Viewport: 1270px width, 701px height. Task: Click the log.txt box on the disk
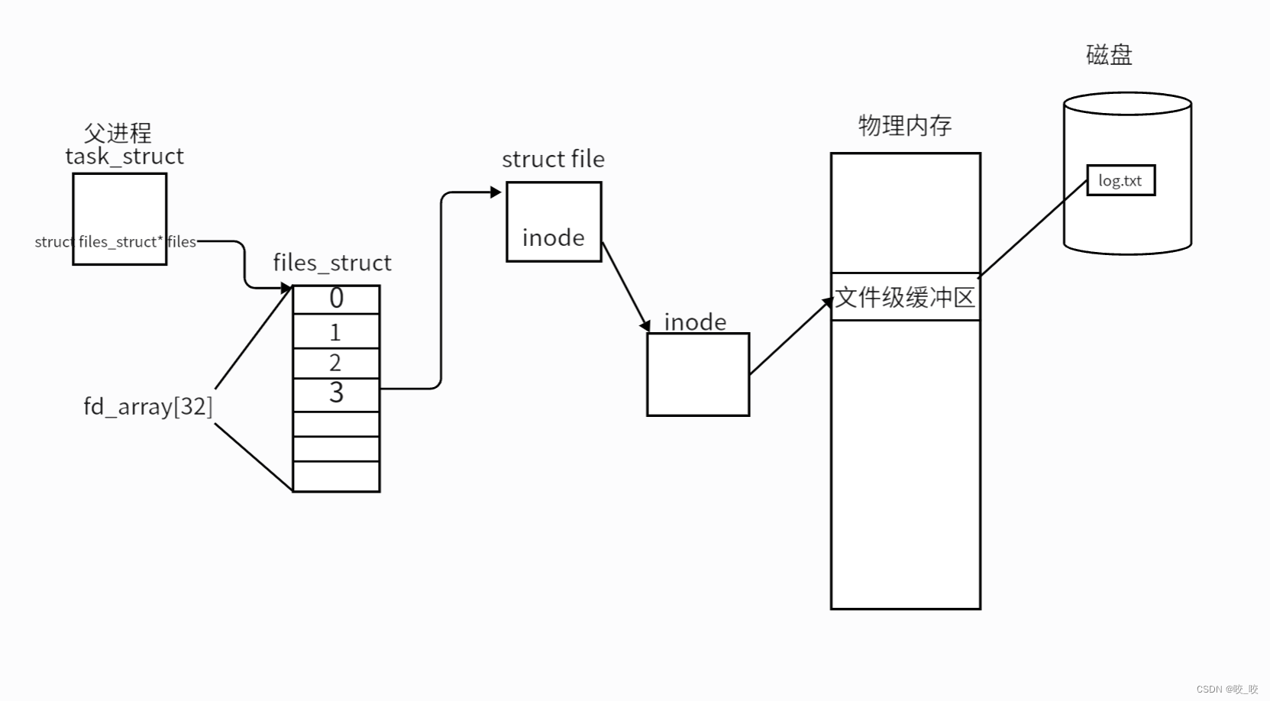pyautogui.click(x=1120, y=181)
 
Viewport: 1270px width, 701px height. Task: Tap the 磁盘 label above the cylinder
pyautogui.click(x=1109, y=55)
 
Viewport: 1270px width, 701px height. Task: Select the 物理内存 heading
pyautogui.click(x=905, y=125)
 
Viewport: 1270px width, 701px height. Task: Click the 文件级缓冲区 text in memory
pyautogui.click(x=905, y=297)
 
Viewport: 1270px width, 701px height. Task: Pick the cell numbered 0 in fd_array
pyautogui.click(x=336, y=299)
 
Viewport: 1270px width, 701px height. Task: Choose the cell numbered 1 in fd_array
pyautogui.click(x=336, y=332)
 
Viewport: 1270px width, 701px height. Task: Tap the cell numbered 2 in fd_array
pyautogui.click(x=336, y=363)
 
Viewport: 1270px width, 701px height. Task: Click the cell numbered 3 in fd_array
pyautogui.click(x=336, y=394)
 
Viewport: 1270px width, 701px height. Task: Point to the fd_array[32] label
pyautogui.click(x=148, y=406)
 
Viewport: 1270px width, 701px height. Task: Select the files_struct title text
pyautogui.click(x=332, y=263)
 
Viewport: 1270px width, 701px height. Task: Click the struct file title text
pyautogui.click(x=553, y=160)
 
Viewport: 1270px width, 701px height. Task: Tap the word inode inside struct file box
pyautogui.click(x=553, y=238)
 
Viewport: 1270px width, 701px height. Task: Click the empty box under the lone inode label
pyautogui.click(x=698, y=374)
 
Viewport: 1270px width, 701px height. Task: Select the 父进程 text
pyautogui.click(x=118, y=133)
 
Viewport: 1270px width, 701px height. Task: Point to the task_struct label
pyautogui.click(x=124, y=157)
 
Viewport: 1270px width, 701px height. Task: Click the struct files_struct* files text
pyautogui.click(x=115, y=242)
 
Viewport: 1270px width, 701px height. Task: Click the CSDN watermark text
pyautogui.click(x=1226, y=689)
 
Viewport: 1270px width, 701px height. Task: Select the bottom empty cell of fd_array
pyautogui.click(x=336, y=476)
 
